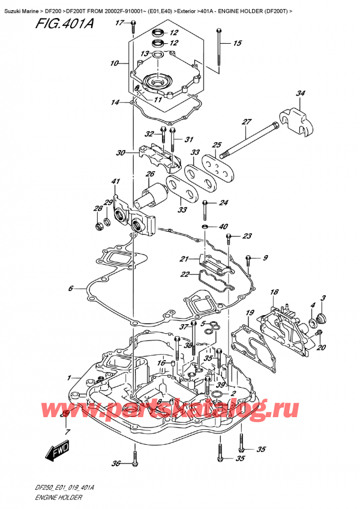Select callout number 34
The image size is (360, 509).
[300, 93]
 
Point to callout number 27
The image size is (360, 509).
[246, 122]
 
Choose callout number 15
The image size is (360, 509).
[237, 43]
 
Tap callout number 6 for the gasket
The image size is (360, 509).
[70, 289]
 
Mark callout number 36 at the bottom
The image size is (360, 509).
[116, 463]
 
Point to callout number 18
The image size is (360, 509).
[275, 292]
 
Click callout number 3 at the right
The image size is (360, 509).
[323, 298]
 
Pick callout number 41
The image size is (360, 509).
[116, 181]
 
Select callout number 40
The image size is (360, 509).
[224, 226]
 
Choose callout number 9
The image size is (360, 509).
[265, 259]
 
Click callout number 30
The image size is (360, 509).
[121, 152]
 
